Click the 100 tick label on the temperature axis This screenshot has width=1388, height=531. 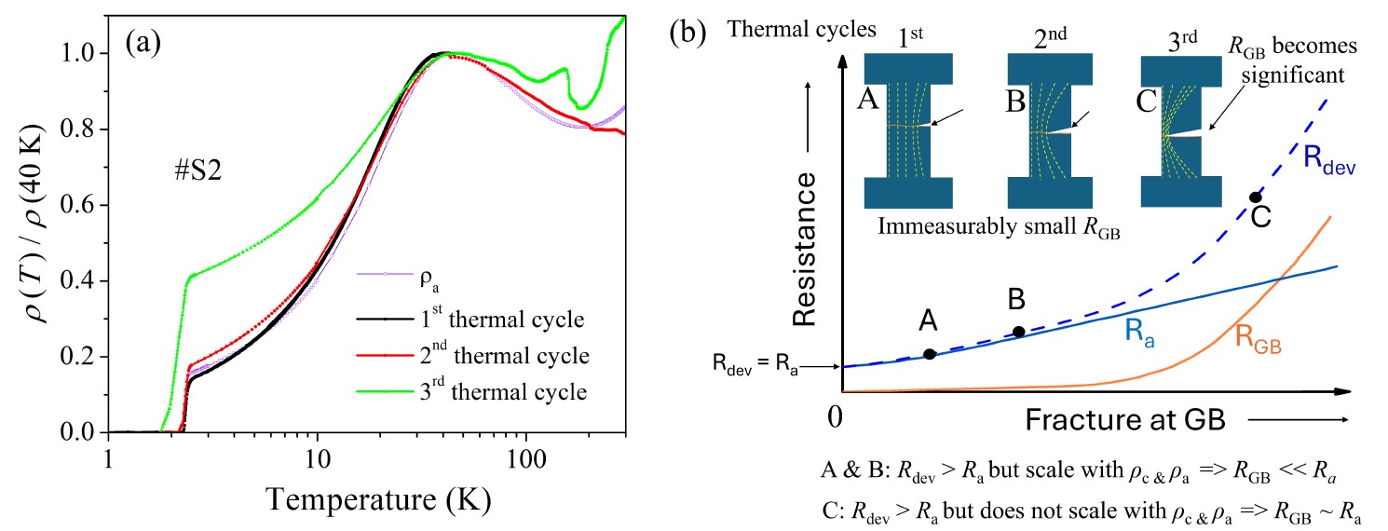(x=525, y=460)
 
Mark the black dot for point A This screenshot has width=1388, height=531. (x=929, y=354)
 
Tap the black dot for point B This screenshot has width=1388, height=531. (x=1019, y=332)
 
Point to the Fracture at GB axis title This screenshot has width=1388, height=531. (x=1124, y=420)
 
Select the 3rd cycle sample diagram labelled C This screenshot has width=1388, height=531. (x=1180, y=131)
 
